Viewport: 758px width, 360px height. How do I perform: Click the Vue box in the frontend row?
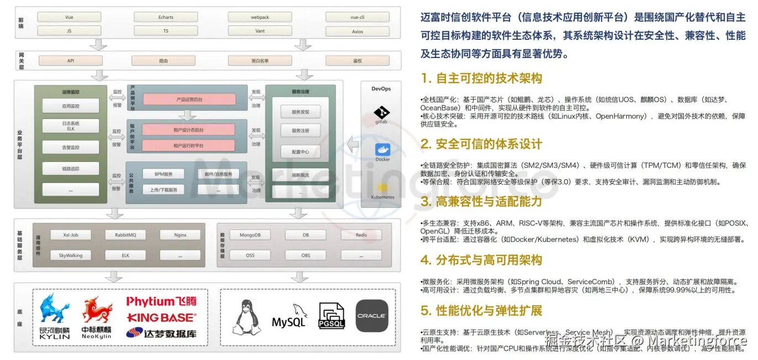pyautogui.click(x=69, y=17)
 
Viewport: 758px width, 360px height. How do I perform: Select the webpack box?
pyautogui.click(x=260, y=17)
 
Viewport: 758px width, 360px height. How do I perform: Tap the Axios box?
pyautogui.click(x=357, y=32)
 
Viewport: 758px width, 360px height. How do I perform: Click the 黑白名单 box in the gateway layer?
pyautogui.click(x=260, y=61)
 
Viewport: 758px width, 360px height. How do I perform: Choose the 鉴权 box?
pyautogui.click(x=357, y=61)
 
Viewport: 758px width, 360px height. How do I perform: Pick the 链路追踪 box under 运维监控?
pyautogui.click(x=71, y=168)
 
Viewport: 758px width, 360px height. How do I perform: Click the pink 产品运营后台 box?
pyautogui.click(x=189, y=100)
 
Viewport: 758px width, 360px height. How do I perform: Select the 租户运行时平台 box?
pyautogui.click(x=188, y=145)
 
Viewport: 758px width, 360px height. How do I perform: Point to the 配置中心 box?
pyautogui.click(x=300, y=152)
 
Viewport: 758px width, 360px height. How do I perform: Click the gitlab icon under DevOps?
pyautogui.click(x=382, y=114)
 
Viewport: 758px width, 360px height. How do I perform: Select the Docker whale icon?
pyautogui.click(x=382, y=150)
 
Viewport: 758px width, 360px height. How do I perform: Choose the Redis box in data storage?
pyautogui.click(x=361, y=235)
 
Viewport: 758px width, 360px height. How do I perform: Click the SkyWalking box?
pyautogui.click(x=71, y=255)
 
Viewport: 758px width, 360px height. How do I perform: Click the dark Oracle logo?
pyautogui.click(x=371, y=316)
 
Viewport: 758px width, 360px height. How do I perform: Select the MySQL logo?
pyautogui.click(x=289, y=318)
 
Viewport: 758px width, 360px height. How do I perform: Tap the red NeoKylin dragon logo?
pyautogui.click(x=97, y=312)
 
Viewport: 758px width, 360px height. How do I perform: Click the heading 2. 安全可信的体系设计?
pyautogui.click(x=481, y=144)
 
